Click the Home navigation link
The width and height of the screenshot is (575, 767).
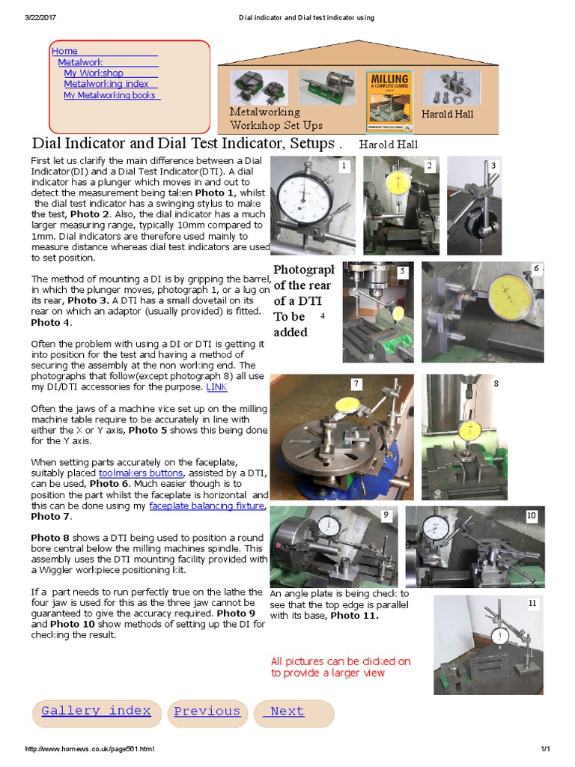[64, 51]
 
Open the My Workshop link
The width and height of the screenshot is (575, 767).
[94, 73]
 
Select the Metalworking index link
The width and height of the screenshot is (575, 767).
[106, 85]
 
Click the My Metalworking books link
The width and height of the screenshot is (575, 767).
[109, 95]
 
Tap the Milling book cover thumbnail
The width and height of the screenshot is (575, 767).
[389, 98]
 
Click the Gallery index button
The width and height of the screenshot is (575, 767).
[96, 712]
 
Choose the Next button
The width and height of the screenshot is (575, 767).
[287, 712]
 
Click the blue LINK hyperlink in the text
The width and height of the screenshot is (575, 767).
[216, 387]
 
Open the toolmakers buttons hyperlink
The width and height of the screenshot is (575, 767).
[141, 473]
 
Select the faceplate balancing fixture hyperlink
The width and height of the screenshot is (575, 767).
[207, 506]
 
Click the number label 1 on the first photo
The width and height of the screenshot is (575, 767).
[344, 166]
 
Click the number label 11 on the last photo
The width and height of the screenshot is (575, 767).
[532, 602]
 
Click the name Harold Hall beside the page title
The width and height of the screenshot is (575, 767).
[388, 145]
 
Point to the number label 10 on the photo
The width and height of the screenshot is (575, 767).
[532, 516]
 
